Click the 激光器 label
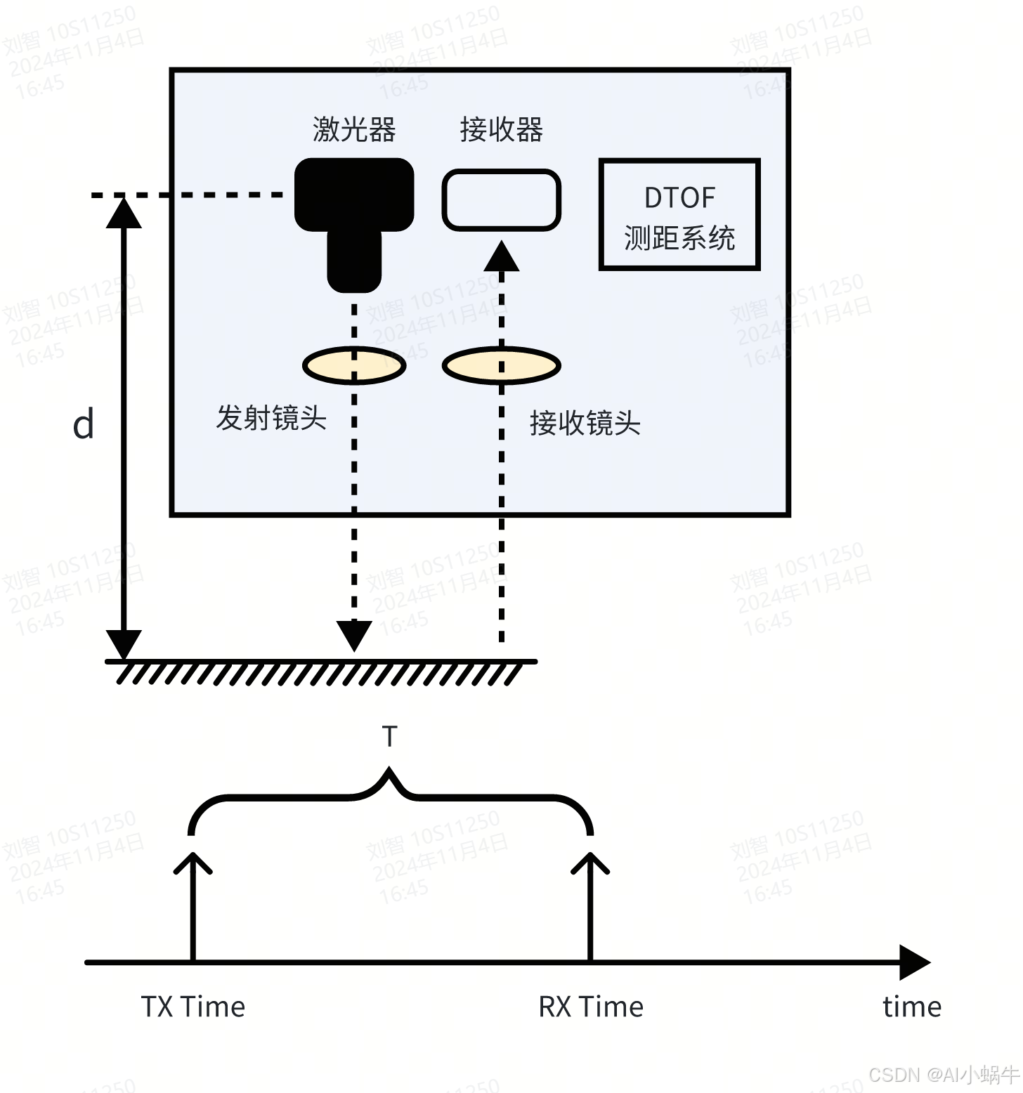point(354,130)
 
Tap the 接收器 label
point(501,130)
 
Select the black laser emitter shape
point(354,204)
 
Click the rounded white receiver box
point(501,199)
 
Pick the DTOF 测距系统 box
point(679,215)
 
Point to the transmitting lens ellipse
point(354,365)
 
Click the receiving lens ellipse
point(501,365)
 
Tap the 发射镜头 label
point(271,419)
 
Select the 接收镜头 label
point(585,424)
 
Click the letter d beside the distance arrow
point(83,425)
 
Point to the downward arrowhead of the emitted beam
point(354,636)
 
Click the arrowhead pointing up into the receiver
point(501,256)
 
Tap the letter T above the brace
point(389,737)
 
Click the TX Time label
point(193,1007)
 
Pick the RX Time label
point(591,1007)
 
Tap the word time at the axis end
point(911,1007)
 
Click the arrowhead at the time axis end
point(915,962)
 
